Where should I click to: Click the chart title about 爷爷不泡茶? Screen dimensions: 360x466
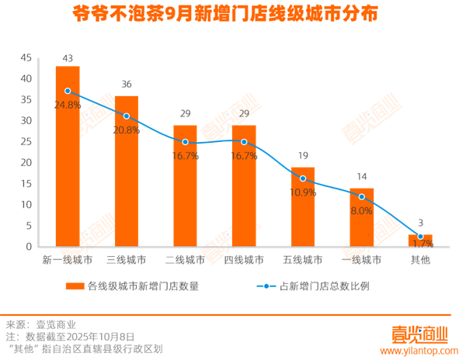click(233, 14)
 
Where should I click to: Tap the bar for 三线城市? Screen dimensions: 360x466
click(127, 171)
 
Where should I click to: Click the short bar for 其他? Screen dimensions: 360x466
click(420, 241)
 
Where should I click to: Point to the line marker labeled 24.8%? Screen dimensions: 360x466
click(68, 92)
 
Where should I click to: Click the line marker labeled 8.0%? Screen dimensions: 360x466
click(362, 197)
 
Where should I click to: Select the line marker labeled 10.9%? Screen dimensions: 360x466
click(303, 179)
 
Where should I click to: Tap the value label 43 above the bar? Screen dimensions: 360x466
click(68, 58)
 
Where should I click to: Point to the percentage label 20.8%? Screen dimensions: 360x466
click(127, 130)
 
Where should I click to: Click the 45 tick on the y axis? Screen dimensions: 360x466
click(26, 58)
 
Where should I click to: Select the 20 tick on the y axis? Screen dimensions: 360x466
click(26, 163)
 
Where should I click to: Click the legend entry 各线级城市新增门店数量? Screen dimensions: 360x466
click(144, 286)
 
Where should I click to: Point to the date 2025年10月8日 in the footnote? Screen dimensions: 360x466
click(97, 337)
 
